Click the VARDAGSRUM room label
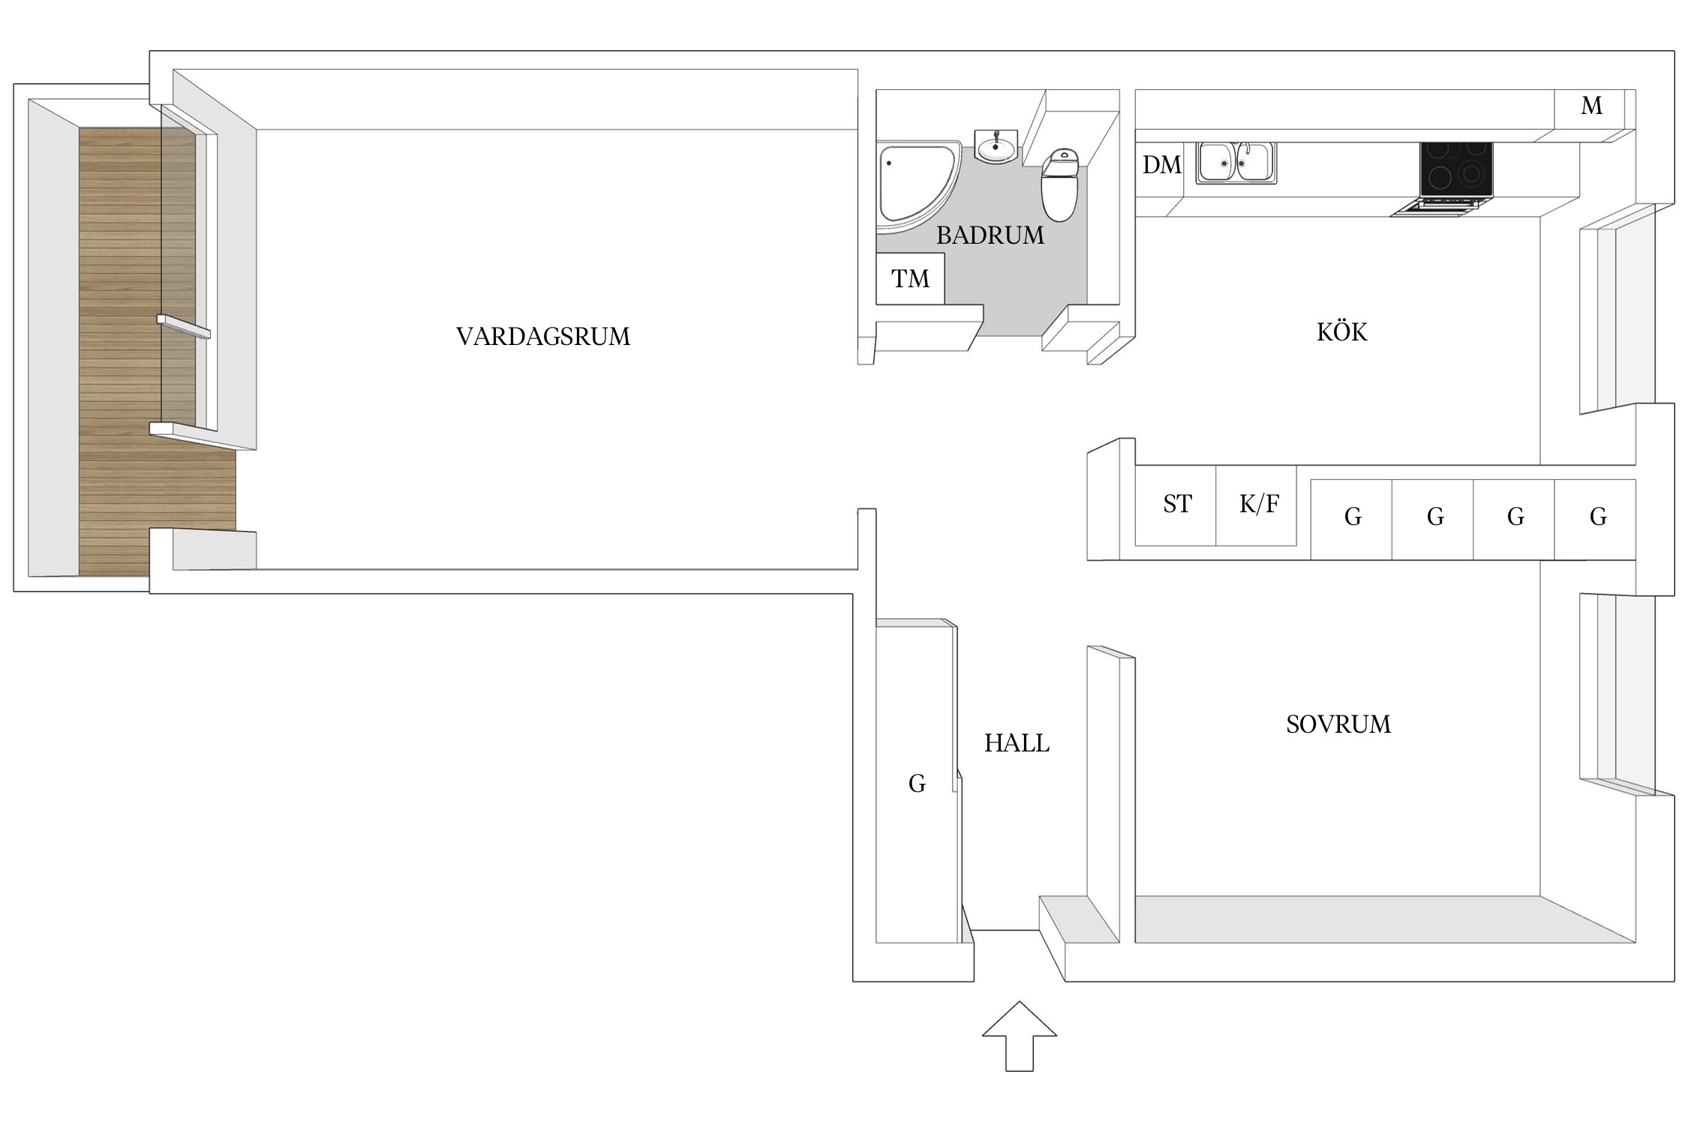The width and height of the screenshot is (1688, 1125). pos(543,336)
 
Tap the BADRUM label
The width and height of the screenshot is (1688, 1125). pos(990,235)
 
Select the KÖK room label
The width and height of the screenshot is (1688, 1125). pos(1342,332)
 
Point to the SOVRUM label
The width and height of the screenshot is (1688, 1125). pos(1338,724)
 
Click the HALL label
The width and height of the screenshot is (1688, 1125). pos(1017,743)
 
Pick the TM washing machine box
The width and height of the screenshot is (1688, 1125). pos(910,279)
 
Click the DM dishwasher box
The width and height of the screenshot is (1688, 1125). pos(1161,165)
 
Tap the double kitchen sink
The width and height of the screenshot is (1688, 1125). pos(1236,163)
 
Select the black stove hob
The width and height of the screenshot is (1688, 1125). pos(1455,169)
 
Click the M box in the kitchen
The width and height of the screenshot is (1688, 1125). pos(1590,107)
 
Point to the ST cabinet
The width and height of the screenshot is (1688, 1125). pos(1176,505)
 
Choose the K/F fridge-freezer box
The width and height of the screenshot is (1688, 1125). pos(1257,505)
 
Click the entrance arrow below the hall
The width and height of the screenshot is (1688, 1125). pos(1019,1036)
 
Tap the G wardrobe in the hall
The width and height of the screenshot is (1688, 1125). pos(917,783)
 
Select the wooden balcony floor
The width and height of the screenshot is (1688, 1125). pos(120,352)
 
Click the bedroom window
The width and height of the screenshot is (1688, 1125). pos(1617,694)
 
